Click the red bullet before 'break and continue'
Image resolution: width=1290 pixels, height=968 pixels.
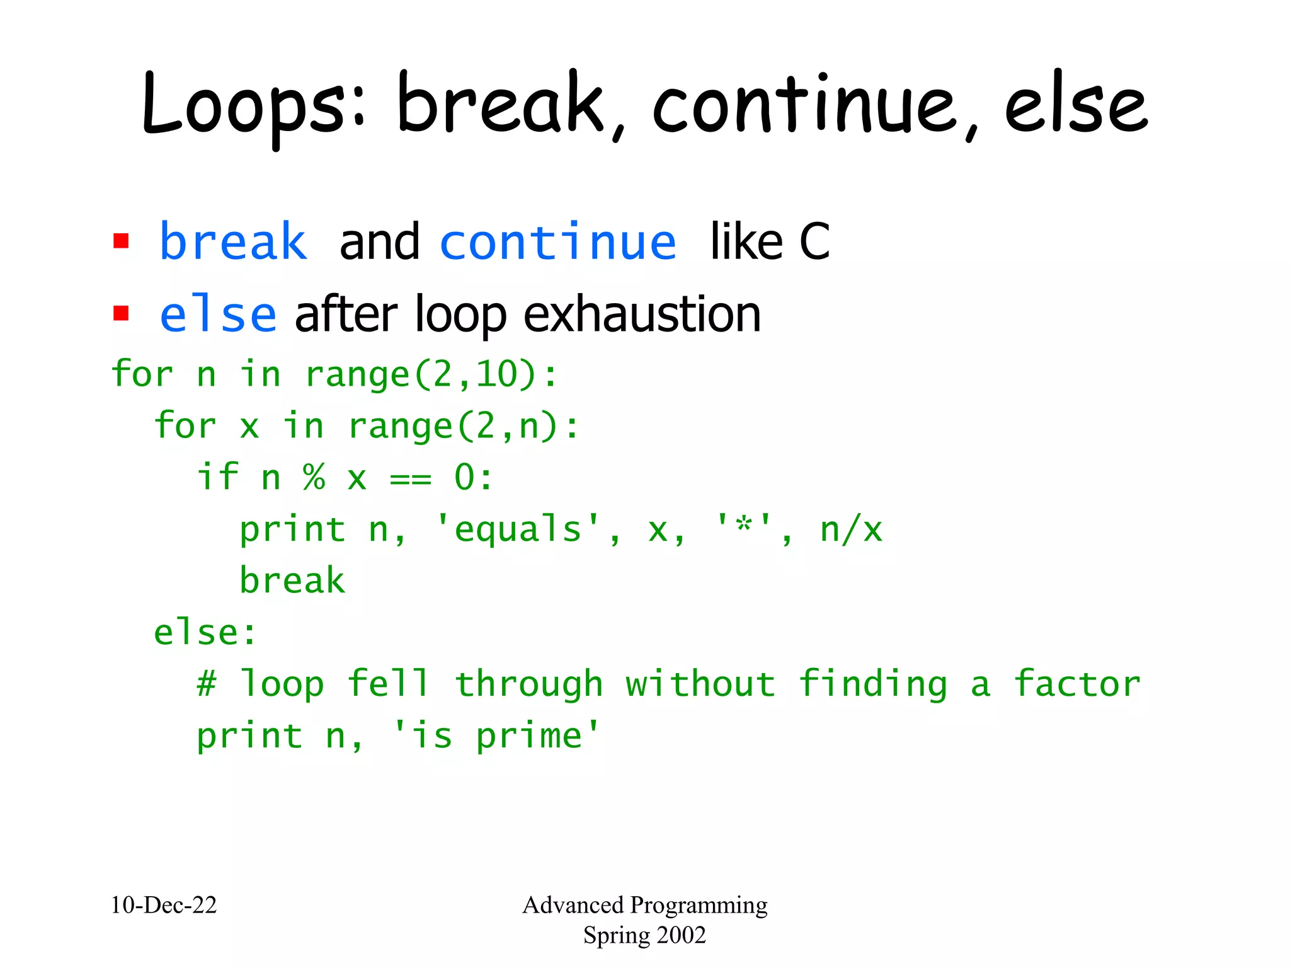[x=121, y=241]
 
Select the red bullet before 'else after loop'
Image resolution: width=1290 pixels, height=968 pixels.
[x=121, y=313]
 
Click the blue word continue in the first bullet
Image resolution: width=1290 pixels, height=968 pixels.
[x=558, y=243]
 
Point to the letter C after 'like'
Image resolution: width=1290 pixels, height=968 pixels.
[x=814, y=243]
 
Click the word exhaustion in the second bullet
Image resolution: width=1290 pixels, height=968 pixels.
[x=642, y=314]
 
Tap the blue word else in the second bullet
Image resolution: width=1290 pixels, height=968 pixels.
[x=218, y=314]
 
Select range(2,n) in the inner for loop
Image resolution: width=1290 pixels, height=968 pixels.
[x=454, y=426]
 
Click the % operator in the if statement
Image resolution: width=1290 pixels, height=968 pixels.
[x=314, y=477]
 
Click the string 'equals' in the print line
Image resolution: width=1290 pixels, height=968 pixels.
[x=517, y=529]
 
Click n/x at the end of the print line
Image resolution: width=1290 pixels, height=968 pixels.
[x=851, y=529]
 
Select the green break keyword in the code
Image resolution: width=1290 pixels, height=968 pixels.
[x=292, y=580]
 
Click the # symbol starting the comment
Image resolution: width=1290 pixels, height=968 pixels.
[x=207, y=684]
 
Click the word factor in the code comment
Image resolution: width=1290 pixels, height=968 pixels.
[x=1076, y=684]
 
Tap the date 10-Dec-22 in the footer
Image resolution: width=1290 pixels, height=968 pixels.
[x=164, y=905]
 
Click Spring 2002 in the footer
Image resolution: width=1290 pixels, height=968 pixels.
[x=644, y=935]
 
